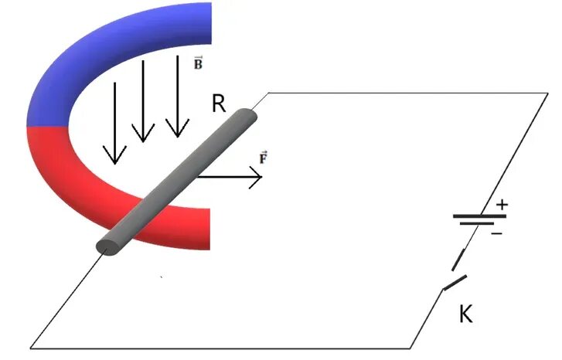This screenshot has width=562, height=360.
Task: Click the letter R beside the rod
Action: coord(219,104)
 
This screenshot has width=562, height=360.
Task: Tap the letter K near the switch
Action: coord(465,314)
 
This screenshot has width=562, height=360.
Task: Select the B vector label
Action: coord(198,63)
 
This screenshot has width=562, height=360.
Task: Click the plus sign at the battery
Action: coord(502,205)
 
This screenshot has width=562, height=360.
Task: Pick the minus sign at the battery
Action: coord(496,231)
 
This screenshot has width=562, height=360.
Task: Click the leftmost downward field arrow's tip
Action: coord(115,161)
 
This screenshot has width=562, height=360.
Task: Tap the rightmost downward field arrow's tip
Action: coord(178,131)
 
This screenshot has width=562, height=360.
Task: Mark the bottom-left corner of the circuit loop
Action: coord(31,346)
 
